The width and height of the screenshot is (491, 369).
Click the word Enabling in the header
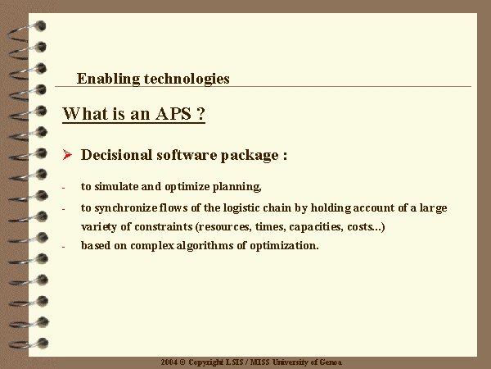[108, 79]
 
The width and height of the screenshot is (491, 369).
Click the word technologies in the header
[187, 79]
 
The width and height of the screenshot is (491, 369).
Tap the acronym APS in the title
[173, 114]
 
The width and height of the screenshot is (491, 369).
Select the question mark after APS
[201, 114]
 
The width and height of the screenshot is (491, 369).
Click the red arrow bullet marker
[67, 155]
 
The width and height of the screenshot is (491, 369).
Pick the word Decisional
[116, 155]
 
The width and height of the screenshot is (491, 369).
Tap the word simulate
[116, 186]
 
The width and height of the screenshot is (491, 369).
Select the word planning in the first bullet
[236, 187]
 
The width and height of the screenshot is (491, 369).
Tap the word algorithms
[205, 246]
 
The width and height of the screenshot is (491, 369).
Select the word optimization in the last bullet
[284, 246]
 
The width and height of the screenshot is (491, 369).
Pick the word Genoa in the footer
[331, 362]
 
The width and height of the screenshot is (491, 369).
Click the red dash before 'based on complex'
[64, 247]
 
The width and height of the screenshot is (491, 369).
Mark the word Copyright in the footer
[205, 362]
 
